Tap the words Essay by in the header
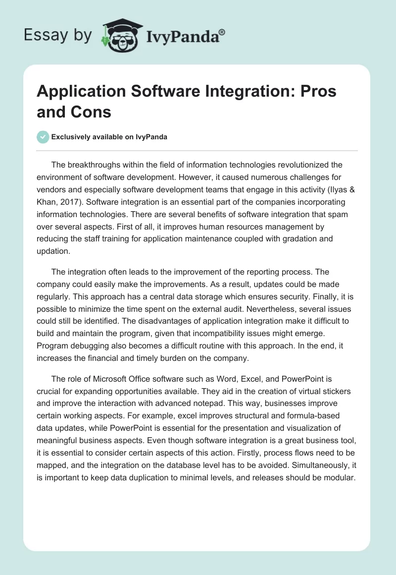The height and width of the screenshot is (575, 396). (58, 35)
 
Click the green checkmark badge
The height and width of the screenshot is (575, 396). (43, 137)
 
